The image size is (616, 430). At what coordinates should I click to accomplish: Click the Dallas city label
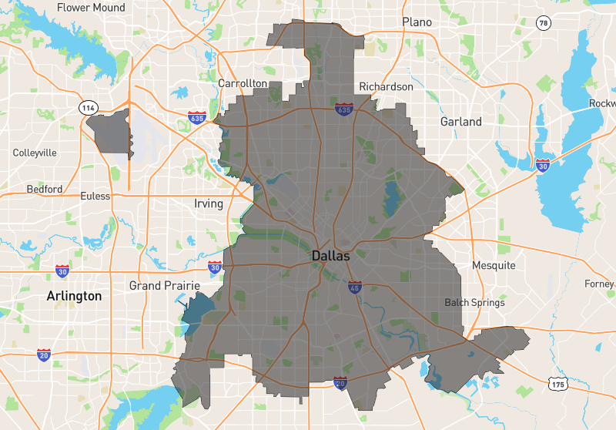331,255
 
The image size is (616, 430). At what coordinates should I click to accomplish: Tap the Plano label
417,22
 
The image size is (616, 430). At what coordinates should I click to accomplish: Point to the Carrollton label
243,83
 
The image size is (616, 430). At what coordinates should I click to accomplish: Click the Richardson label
386,87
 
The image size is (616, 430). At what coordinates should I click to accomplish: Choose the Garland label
461,122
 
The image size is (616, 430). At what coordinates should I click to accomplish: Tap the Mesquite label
494,266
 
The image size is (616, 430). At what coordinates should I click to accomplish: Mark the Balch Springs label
474,303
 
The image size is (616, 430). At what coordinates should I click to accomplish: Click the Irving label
209,204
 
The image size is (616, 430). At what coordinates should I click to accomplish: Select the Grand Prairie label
156,286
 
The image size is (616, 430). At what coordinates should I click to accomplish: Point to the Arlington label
74,296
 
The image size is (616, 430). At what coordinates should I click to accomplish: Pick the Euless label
95,196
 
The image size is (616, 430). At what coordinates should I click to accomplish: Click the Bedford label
45,189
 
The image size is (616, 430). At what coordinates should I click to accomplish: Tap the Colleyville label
35,153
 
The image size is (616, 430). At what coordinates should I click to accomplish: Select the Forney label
599,284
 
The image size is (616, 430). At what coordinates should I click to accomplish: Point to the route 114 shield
88,108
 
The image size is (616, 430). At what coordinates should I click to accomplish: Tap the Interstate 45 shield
354,287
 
